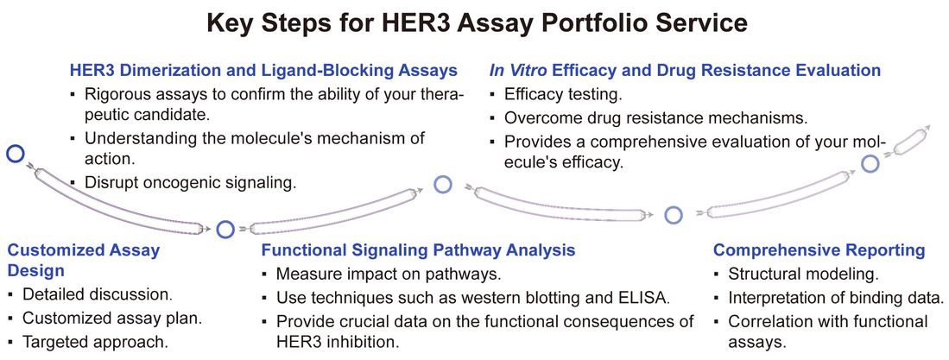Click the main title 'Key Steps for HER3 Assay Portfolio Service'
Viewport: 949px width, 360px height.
(x=474, y=23)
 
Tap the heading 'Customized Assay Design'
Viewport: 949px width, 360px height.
(x=84, y=261)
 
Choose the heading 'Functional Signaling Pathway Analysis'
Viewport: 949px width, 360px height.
(x=418, y=251)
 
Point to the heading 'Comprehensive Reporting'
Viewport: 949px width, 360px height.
(x=819, y=251)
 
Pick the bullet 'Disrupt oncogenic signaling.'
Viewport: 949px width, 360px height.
(x=190, y=182)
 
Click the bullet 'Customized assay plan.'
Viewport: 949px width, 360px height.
(x=112, y=318)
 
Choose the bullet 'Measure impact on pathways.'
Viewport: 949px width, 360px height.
(x=389, y=275)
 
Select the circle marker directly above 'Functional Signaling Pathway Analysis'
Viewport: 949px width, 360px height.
(x=225, y=230)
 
